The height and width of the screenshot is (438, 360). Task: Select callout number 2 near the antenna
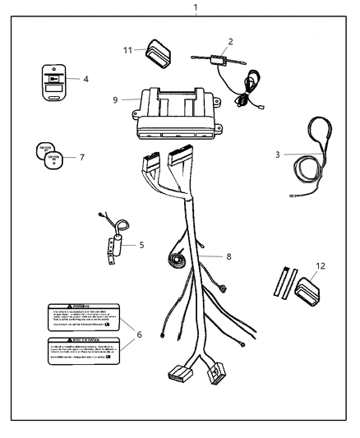(231, 40)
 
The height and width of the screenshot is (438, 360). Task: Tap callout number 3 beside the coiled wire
(278, 154)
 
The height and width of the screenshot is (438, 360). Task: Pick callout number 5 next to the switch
(141, 244)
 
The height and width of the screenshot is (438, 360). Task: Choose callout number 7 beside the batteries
(81, 156)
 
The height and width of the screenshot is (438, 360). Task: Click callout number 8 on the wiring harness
(228, 256)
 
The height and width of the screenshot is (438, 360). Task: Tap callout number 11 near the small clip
(127, 49)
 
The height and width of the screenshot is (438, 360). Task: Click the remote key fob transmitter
(53, 85)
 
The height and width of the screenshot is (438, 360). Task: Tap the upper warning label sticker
(82, 317)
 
